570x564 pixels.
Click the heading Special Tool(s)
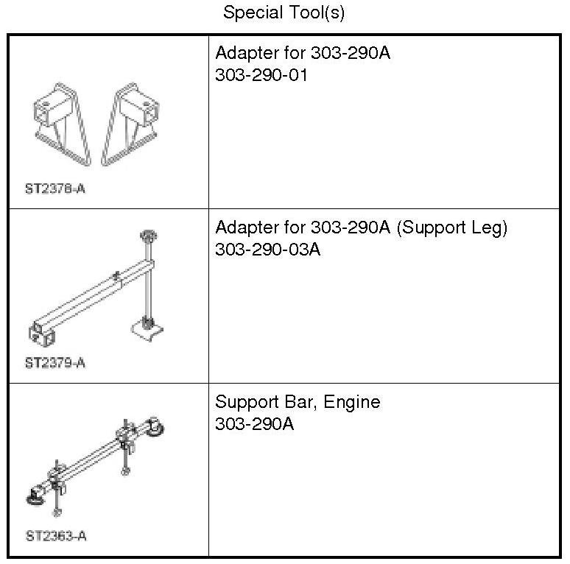pyautogui.click(x=284, y=13)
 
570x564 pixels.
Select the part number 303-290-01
pyautogui.click(x=261, y=75)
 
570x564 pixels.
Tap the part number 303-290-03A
pyautogui.click(x=267, y=250)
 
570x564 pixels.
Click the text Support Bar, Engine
pyautogui.click(x=298, y=402)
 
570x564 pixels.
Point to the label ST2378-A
pyautogui.click(x=55, y=188)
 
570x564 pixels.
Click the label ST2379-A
pyautogui.click(x=55, y=363)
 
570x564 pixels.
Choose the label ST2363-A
pyautogui.click(x=55, y=536)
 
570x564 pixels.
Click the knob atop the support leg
pyautogui.click(x=147, y=236)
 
